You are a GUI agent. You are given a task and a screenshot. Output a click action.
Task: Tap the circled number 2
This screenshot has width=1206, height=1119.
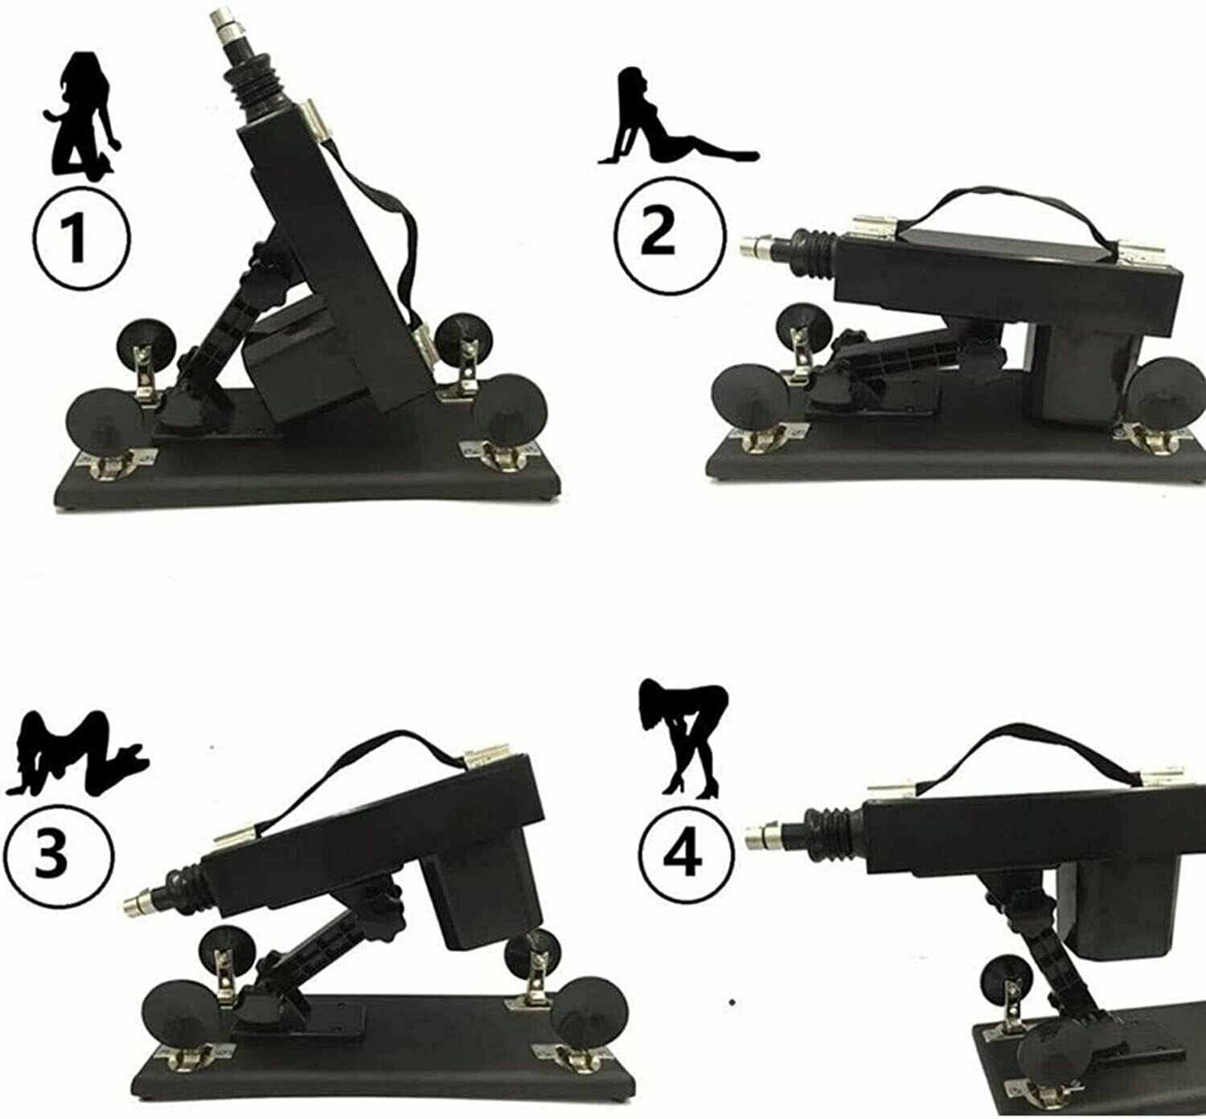pos(671,233)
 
